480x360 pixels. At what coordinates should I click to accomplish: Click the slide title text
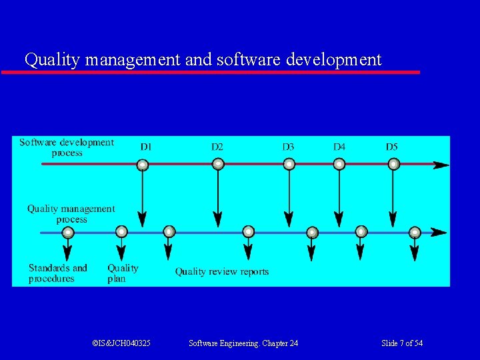click(x=203, y=59)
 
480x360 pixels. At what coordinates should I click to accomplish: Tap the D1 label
click(x=146, y=147)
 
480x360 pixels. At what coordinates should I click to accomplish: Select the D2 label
click(x=217, y=147)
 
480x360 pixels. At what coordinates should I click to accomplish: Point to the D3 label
click(x=288, y=147)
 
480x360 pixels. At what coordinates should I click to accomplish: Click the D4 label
click(x=339, y=147)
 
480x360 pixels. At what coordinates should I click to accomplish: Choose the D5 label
click(x=392, y=147)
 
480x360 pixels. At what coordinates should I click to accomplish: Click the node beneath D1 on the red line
click(x=142, y=164)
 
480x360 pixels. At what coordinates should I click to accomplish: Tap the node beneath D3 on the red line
click(x=289, y=164)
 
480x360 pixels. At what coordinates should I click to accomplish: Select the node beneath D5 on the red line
click(x=393, y=164)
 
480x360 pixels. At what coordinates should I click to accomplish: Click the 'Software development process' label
click(x=67, y=147)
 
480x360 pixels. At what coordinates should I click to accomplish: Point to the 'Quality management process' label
click(x=71, y=214)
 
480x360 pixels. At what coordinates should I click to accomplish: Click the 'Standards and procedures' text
click(x=57, y=273)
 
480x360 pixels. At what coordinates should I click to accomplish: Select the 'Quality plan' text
click(x=123, y=273)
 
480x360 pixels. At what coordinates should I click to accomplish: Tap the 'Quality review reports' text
click(x=222, y=272)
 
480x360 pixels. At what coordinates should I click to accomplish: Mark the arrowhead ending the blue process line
click(x=438, y=233)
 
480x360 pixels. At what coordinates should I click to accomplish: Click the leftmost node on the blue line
click(x=68, y=233)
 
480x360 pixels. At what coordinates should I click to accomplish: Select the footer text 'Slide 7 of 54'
click(x=402, y=343)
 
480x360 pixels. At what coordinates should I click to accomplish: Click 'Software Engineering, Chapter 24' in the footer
click(x=243, y=343)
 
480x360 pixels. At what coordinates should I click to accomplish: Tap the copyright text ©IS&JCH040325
click(x=121, y=343)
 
